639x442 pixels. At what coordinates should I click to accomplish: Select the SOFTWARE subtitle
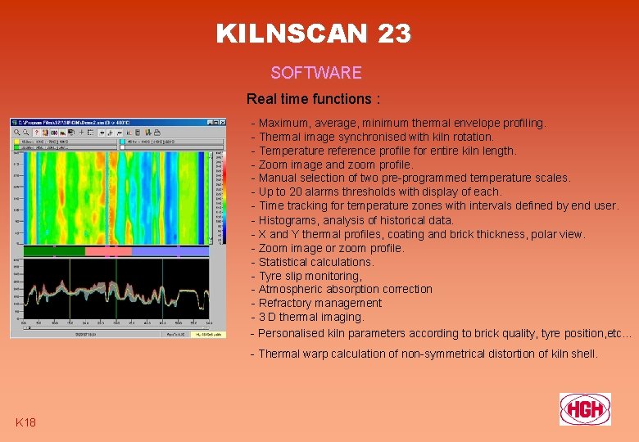coord(316,73)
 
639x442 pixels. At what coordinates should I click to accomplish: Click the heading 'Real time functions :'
coord(313,99)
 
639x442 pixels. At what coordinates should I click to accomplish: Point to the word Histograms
coord(287,220)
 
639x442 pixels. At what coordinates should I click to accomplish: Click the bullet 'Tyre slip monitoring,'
coord(310,276)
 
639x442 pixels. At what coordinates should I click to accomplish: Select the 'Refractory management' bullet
coord(320,303)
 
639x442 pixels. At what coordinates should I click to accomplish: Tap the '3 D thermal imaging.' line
coord(311,317)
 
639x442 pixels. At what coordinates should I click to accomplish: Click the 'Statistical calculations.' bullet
coord(316,262)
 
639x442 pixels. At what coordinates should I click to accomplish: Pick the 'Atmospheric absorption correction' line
coord(346,289)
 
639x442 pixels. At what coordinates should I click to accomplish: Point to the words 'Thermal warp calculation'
coord(323,354)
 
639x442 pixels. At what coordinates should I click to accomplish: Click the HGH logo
coord(585,408)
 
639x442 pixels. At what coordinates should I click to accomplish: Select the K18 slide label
coord(25,422)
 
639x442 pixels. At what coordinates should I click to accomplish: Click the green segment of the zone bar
coord(52,251)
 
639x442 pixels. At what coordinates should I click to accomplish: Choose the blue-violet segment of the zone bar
coord(169,251)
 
